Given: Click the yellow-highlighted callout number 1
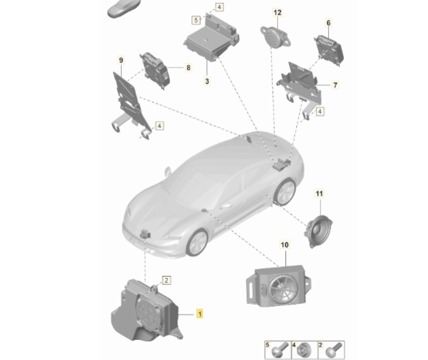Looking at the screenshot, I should coord(200,313).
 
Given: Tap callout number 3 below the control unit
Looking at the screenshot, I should coord(207,81).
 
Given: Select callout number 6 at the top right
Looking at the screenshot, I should coord(328,23).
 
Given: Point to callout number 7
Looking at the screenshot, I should coord(335,85).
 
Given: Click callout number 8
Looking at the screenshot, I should coord(188,68).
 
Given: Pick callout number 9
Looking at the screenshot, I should coord(121,59).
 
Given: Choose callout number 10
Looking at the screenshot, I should coord(284,245).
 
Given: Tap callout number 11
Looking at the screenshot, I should coord(319,194).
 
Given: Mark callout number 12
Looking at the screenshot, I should coord(277,12).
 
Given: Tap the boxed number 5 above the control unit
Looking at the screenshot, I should coord(196,20).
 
